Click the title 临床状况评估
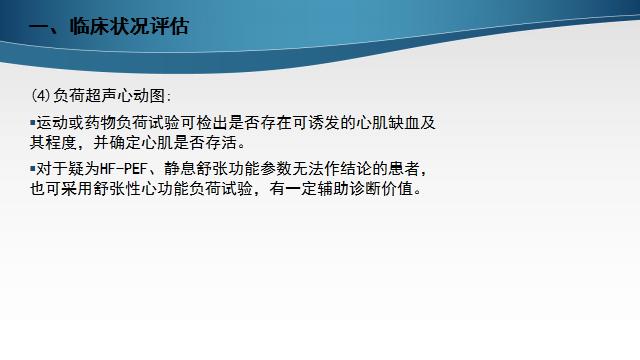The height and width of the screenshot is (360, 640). (125, 26)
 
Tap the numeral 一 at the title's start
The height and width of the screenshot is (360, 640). (39, 26)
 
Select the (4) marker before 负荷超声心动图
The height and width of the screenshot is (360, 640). (41, 96)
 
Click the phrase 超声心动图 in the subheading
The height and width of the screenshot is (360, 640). (131, 96)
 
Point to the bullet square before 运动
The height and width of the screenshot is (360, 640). (32, 122)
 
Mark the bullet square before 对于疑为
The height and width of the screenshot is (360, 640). (32, 168)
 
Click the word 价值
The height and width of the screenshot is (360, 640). (410, 187)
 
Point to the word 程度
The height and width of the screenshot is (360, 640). (65, 141)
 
